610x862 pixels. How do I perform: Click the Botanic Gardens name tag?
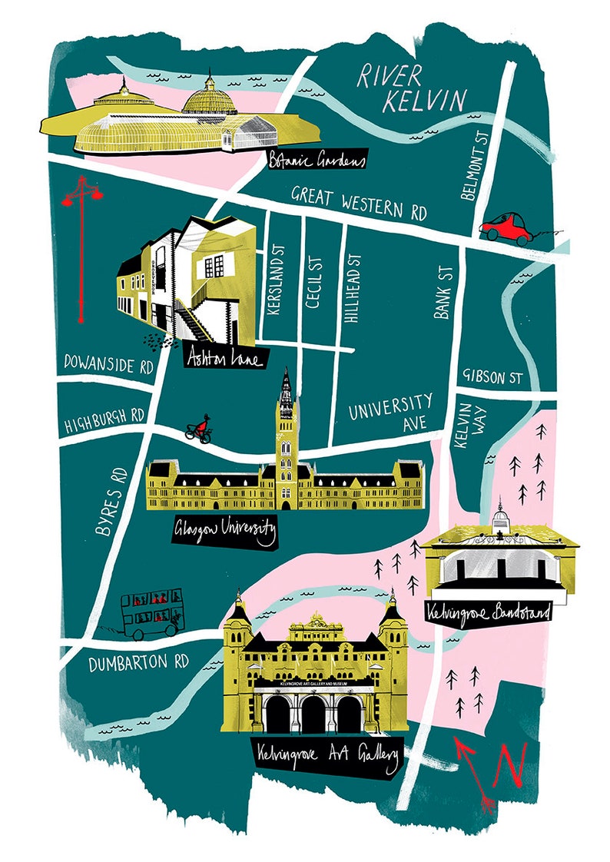[316, 159]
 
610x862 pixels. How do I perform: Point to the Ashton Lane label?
[225, 358]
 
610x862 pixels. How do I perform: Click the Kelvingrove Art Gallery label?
[327, 757]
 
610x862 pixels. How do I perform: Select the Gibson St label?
[492, 378]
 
